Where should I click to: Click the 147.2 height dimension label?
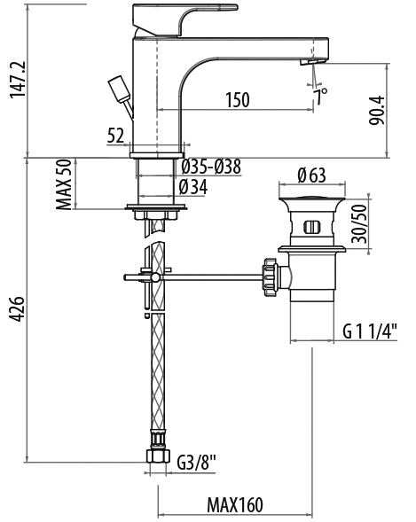click(18, 79)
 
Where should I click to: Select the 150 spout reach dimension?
click(238, 100)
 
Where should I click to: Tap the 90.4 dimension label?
click(377, 111)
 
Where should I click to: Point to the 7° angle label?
click(321, 97)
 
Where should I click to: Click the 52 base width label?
click(116, 136)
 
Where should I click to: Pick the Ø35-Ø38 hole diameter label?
click(211, 167)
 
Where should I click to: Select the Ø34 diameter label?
click(193, 187)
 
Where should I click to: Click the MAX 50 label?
click(64, 184)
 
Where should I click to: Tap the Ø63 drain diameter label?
click(311, 175)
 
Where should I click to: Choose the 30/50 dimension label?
click(359, 223)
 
